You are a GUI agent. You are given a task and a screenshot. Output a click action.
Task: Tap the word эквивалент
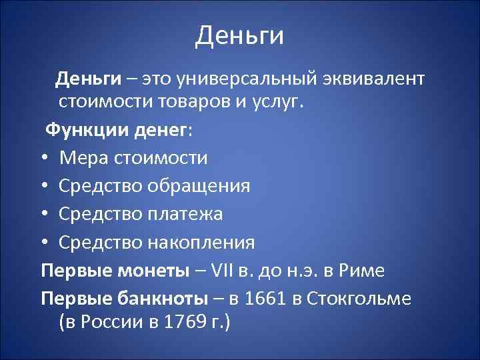click(375, 80)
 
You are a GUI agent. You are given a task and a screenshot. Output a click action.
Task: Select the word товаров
click(189, 103)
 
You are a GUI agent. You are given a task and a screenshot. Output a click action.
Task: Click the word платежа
click(185, 214)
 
